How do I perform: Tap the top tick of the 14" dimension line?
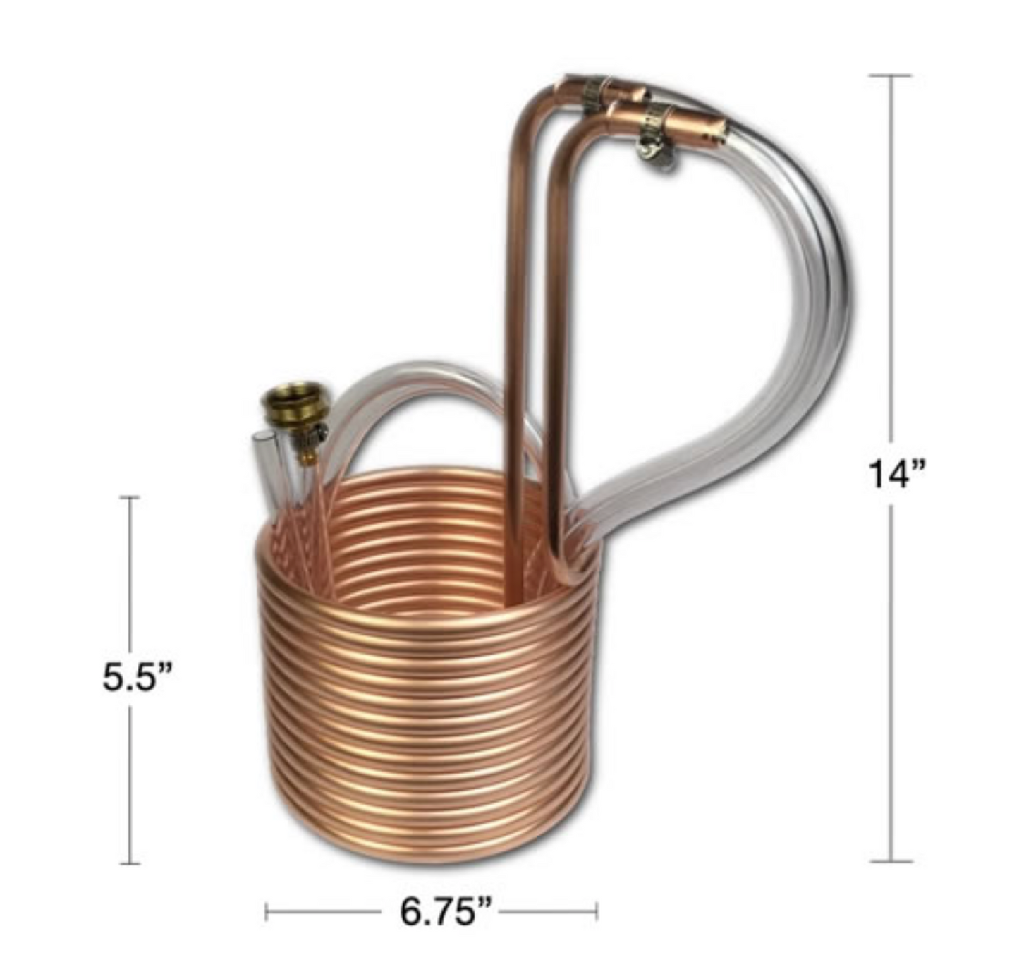(890, 75)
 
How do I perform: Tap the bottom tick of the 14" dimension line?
(891, 861)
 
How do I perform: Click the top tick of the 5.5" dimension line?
(129, 497)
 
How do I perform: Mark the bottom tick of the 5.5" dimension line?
(129, 863)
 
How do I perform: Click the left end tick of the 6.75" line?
(266, 911)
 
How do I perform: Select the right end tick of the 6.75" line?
(597, 911)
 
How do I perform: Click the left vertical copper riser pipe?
(515, 353)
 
